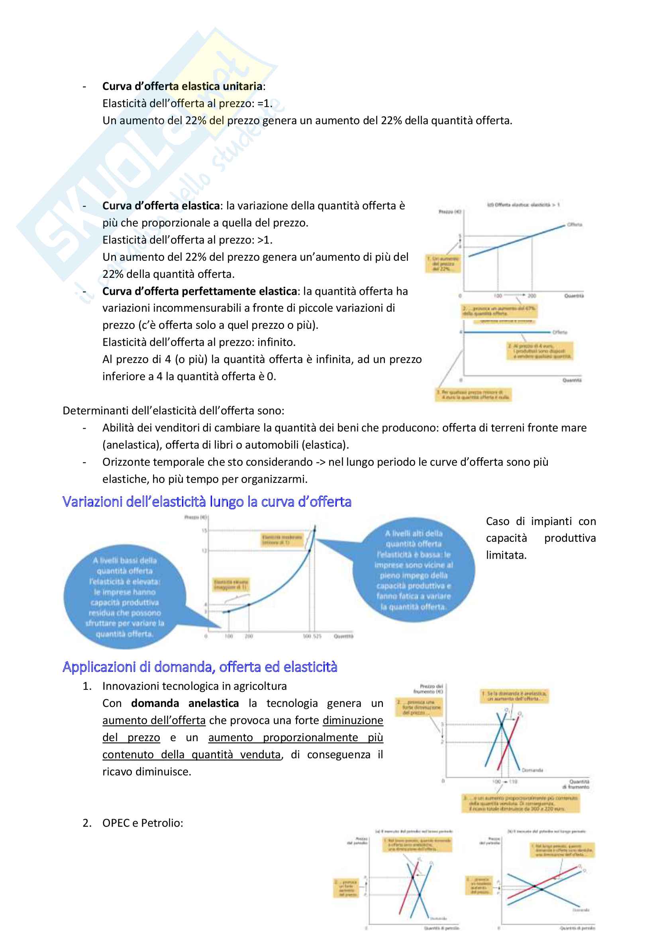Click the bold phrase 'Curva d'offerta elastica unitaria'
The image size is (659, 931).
pyautogui.click(x=182, y=86)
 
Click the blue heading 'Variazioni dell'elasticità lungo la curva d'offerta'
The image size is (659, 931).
pyautogui.click(x=206, y=502)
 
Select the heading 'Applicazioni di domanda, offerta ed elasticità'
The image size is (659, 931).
pyautogui.click(x=200, y=667)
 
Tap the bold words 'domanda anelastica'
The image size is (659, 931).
pyautogui.click(x=184, y=703)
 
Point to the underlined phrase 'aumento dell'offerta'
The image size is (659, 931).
pyautogui.click(x=154, y=720)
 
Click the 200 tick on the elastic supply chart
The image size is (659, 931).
pyautogui.click(x=532, y=296)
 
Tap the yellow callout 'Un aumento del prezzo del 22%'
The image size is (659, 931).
pyautogui.click(x=443, y=263)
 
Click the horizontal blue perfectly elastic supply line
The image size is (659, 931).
pyautogui.click(x=507, y=332)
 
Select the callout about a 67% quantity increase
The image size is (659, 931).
pyautogui.click(x=499, y=311)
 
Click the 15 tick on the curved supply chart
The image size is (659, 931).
pyautogui.click(x=204, y=530)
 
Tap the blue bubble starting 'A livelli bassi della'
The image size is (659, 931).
pyautogui.click(x=125, y=597)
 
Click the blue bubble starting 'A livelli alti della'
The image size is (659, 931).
pyautogui.click(x=414, y=569)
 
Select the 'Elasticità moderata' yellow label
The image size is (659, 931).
pyautogui.click(x=282, y=539)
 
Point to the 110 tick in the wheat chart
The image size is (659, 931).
pyautogui.click(x=513, y=781)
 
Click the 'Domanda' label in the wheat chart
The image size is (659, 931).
pyautogui.click(x=532, y=770)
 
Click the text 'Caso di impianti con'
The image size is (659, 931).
pyautogui.click(x=541, y=521)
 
